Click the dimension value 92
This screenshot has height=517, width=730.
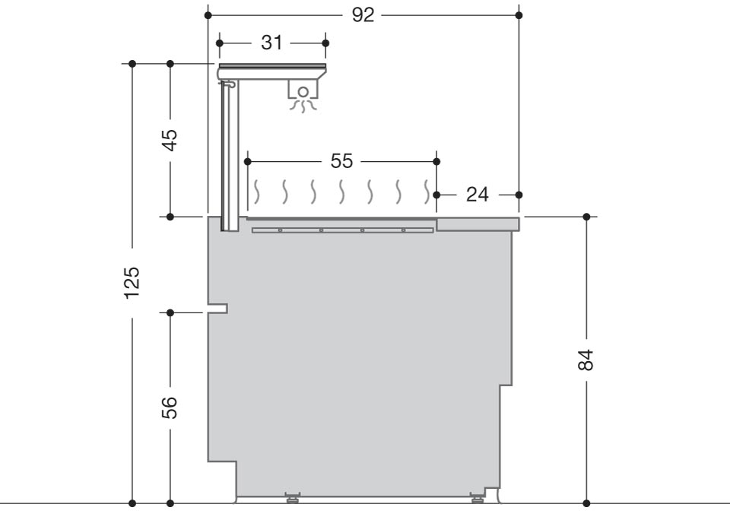[363, 15]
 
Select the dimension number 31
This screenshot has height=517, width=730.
[271, 43]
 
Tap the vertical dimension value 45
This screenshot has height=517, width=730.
[170, 140]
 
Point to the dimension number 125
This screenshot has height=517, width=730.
[132, 283]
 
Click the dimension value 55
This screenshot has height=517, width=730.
[341, 161]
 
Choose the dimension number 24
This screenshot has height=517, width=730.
[478, 195]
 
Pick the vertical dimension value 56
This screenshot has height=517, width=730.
[170, 408]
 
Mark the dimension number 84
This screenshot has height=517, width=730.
[586, 360]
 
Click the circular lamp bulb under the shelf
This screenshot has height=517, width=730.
[303, 92]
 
